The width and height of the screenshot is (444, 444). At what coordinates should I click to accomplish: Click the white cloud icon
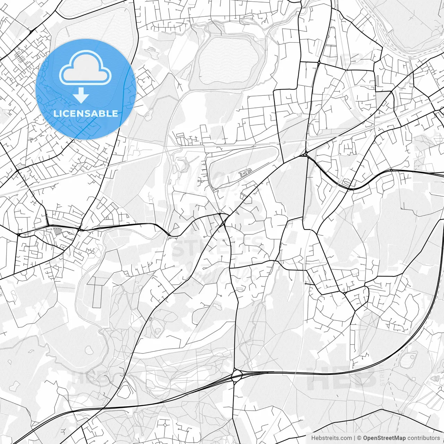[85, 68]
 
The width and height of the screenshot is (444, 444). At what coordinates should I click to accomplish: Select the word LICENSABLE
[85, 113]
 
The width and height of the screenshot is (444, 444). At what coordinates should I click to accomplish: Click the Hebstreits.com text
[329, 438]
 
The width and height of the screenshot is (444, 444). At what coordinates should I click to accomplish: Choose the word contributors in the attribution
[424, 438]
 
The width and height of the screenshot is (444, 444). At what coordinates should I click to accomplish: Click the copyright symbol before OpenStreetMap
[359, 438]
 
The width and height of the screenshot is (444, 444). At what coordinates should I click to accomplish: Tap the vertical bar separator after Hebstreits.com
[352, 438]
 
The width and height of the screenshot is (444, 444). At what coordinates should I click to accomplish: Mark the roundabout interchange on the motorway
[237, 375]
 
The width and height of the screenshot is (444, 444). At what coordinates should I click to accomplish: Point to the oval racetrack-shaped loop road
[243, 163]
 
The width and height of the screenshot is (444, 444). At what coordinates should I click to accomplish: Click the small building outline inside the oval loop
[245, 172]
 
